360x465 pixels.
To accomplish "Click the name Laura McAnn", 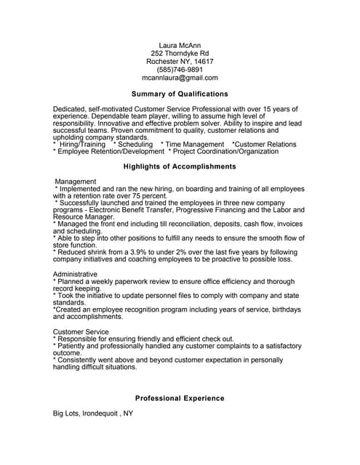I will pos(180,46).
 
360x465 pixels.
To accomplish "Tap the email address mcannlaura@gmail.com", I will pos(180,78).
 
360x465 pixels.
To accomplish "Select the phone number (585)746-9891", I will pos(180,70).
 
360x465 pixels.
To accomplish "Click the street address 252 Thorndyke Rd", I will pos(180,54).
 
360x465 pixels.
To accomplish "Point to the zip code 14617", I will pos(199,62).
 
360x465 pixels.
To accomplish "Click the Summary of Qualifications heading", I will pos(180,94).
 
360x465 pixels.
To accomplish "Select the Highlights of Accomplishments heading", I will pos(180,166).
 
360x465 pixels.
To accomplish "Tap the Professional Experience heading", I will pos(180,398).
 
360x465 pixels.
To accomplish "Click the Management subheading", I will pos(76,181).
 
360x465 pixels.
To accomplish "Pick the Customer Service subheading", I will pos(81,331).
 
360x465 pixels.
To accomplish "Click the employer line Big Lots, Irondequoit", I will pos(93,413).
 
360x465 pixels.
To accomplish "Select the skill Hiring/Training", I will pos(83,145).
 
